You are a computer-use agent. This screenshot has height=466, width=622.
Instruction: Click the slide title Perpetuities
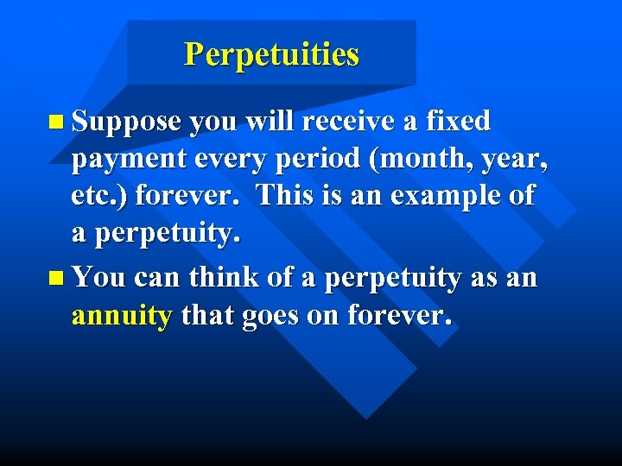point(271,55)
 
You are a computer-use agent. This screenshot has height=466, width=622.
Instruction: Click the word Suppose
point(126,122)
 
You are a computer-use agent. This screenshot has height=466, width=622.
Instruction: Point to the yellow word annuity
point(122,317)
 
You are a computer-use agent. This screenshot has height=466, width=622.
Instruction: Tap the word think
point(220,278)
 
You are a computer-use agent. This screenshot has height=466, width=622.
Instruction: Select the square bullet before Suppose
point(56,123)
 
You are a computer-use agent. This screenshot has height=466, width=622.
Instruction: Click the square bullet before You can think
point(56,279)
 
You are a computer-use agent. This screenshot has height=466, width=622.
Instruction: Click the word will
point(267,121)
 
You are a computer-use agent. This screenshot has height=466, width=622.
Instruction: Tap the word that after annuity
point(207,316)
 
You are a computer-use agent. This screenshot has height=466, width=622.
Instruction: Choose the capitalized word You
point(98,278)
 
